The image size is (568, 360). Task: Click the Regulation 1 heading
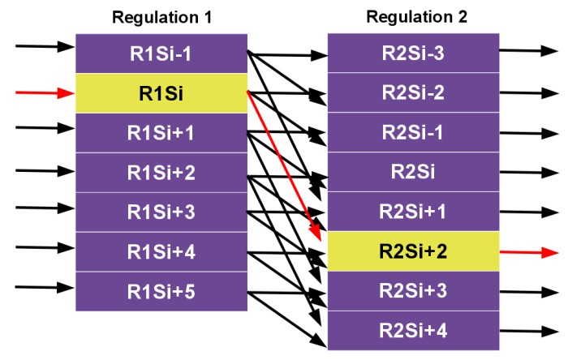(x=162, y=17)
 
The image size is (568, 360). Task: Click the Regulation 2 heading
(x=416, y=17)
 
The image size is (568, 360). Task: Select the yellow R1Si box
(x=161, y=93)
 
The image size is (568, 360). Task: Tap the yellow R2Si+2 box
(x=413, y=251)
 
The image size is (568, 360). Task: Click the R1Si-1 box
(x=161, y=54)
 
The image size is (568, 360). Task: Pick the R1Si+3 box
(x=161, y=212)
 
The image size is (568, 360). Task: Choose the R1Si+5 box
(x=161, y=291)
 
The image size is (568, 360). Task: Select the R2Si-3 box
(x=413, y=53)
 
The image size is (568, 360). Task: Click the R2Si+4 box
(x=413, y=330)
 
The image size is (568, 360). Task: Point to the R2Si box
(x=413, y=172)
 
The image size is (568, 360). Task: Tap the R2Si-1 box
(x=413, y=132)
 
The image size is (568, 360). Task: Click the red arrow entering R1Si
(x=45, y=93)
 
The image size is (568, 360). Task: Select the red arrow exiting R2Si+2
(x=529, y=252)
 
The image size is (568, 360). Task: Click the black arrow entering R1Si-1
(x=45, y=46)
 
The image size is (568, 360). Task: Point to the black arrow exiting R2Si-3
(x=529, y=50)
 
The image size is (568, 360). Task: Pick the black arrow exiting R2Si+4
(x=529, y=331)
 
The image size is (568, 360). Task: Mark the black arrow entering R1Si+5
(x=45, y=288)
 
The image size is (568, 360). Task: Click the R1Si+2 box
(x=161, y=173)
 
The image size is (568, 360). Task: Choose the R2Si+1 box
(x=413, y=212)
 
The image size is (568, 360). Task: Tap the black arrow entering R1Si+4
(x=45, y=248)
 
